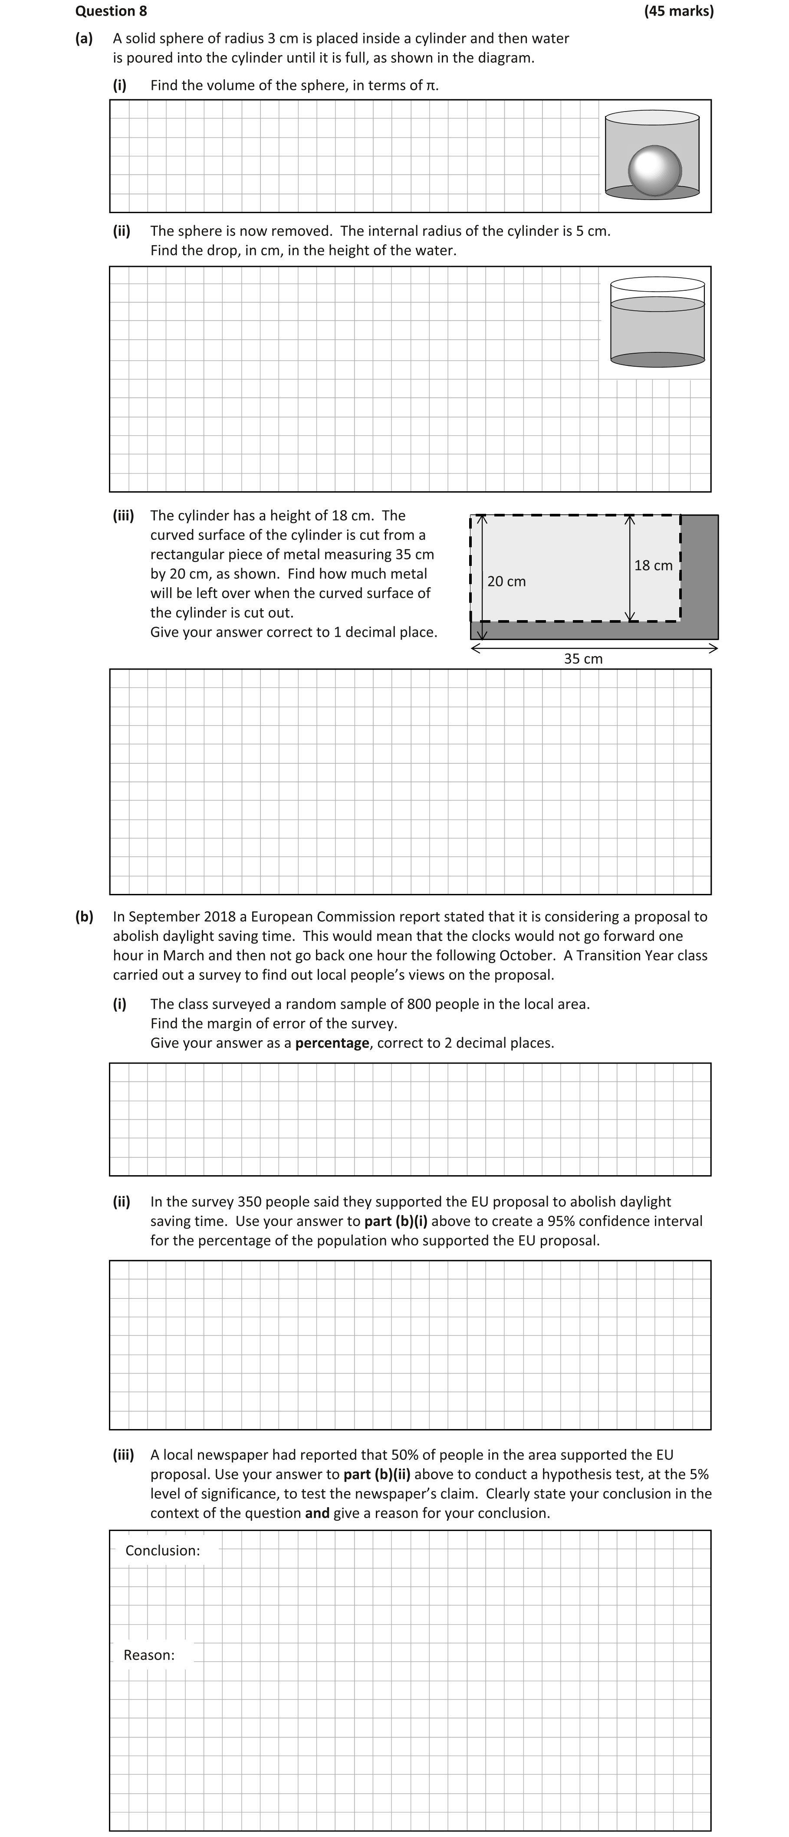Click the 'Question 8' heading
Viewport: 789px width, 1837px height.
click(111, 11)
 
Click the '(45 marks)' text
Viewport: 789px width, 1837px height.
click(678, 11)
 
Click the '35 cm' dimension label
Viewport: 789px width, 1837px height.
click(583, 659)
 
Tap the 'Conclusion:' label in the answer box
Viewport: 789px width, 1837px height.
click(163, 1550)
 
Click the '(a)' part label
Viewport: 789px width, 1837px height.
click(84, 39)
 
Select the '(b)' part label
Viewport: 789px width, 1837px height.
click(84, 917)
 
